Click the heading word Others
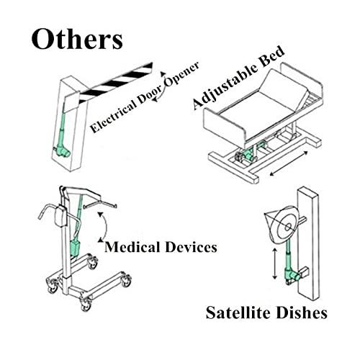(x=77, y=39)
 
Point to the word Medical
(x=132, y=247)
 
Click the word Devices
(x=191, y=247)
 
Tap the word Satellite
(x=239, y=312)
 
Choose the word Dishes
(x=302, y=312)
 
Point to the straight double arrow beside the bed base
(x=289, y=163)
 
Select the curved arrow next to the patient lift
(x=104, y=227)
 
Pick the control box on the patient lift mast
(x=60, y=216)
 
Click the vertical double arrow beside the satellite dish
(x=275, y=264)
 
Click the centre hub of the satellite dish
(x=288, y=227)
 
